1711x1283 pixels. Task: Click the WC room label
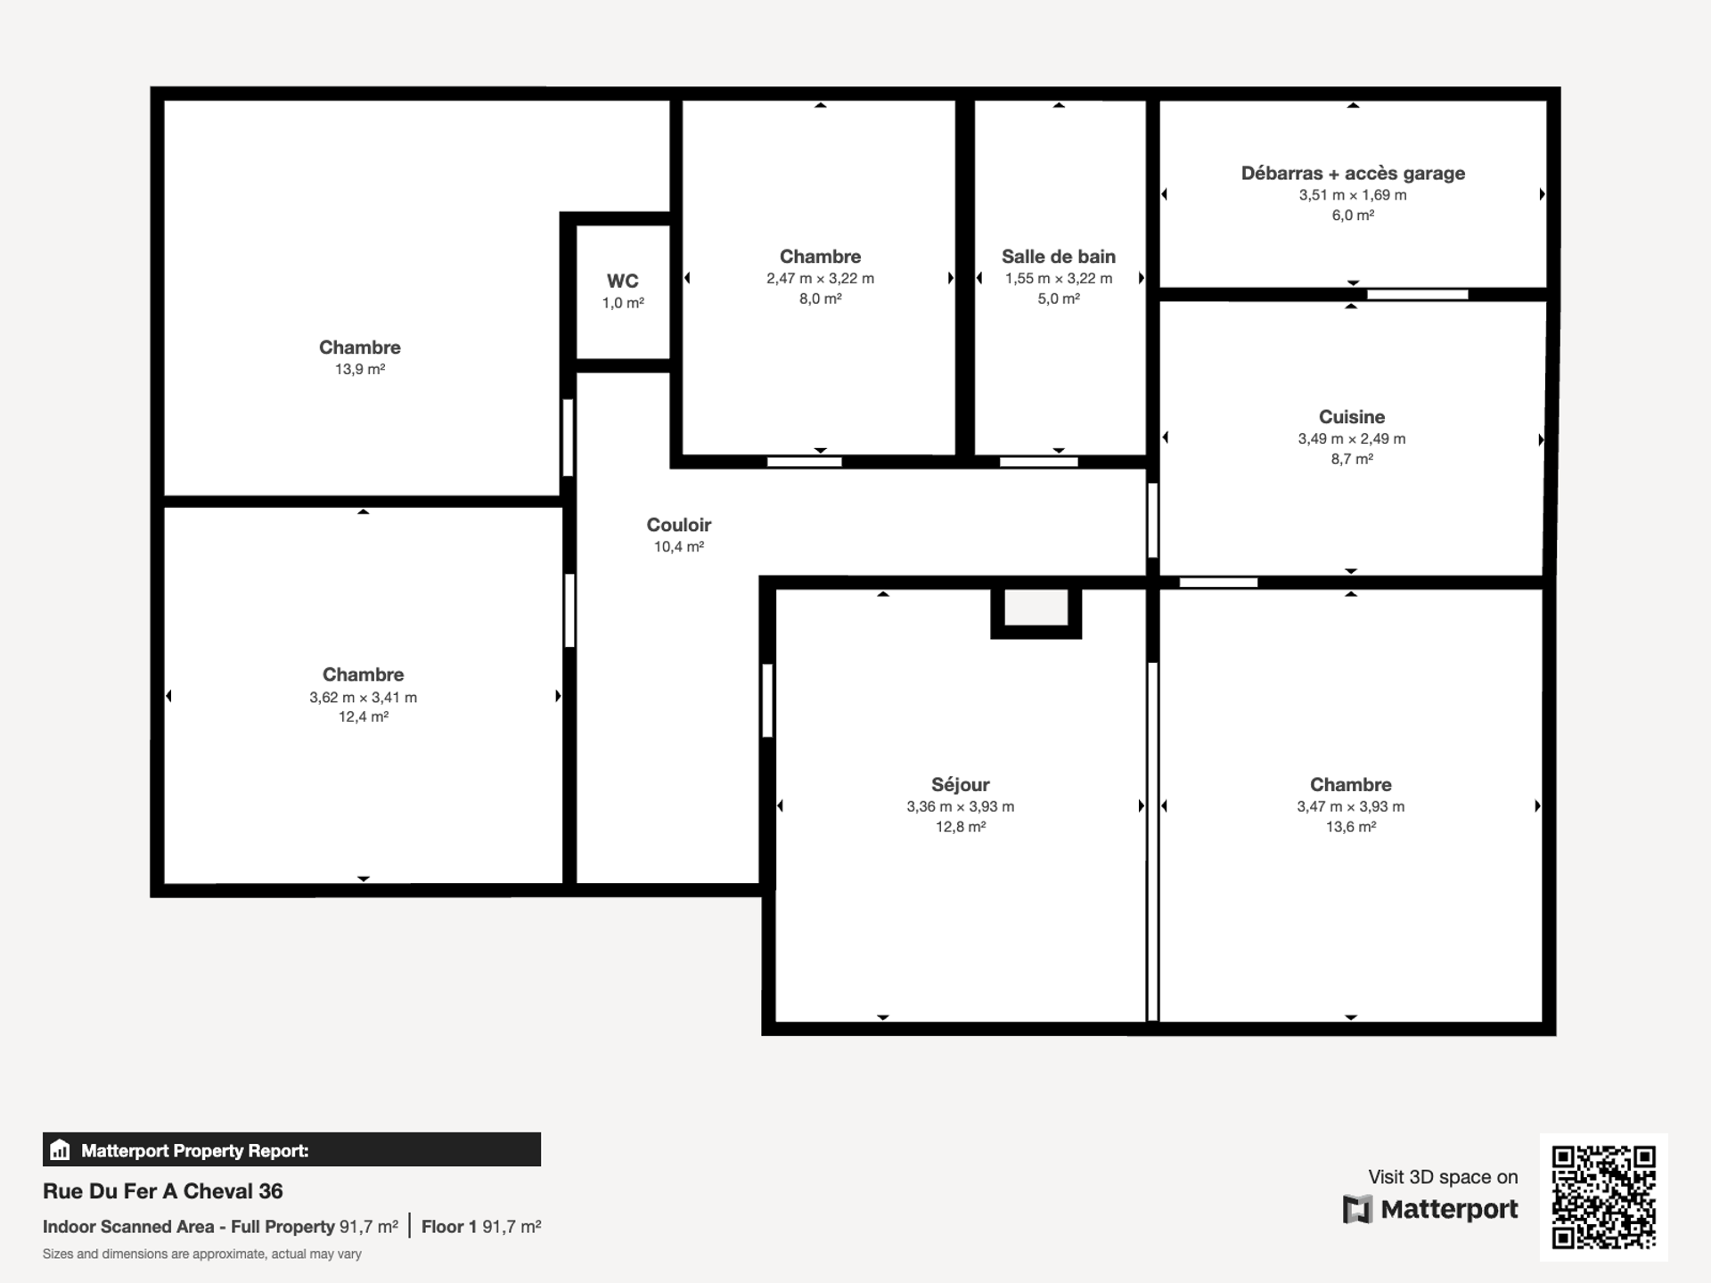(623, 282)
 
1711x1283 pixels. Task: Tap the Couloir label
(679, 525)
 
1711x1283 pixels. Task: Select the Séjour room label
(961, 785)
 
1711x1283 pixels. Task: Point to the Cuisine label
(1352, 417)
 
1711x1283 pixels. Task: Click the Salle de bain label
(1059, 257)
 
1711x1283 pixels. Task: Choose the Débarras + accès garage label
(1353, 174)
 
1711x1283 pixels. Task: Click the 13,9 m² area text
(360, 369)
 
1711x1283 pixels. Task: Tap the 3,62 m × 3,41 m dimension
(364, 698)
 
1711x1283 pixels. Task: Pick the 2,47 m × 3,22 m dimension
(821, 279)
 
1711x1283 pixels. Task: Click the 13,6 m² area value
(1351, 827)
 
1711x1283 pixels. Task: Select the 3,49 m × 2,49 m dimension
(1352, 438)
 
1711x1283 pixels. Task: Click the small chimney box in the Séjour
(1036, 612)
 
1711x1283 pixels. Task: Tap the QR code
(1604, 1197)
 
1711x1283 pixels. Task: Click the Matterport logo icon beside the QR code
(1357, 1209)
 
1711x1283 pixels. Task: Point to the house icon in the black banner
(60, 1149)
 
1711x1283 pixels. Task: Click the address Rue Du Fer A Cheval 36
(163, 1191)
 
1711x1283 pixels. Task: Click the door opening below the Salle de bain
(1039, 462)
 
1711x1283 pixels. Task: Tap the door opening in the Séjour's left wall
(767, 700)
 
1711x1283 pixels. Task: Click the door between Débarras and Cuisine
(1418, 294)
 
